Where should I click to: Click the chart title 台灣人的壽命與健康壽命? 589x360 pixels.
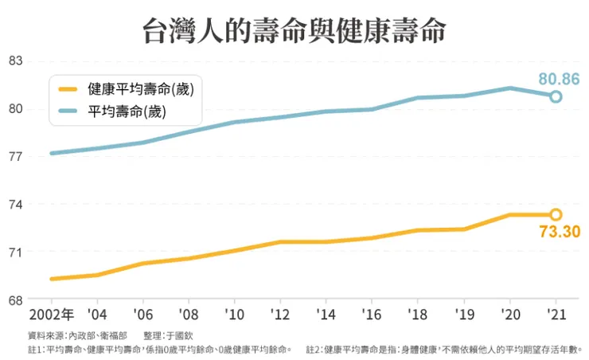point(294,31)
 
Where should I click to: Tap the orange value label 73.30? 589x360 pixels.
point(559,233)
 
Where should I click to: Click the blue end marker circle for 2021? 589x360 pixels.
point(556,96)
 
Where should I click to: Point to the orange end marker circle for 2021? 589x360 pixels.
point(556,214)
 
